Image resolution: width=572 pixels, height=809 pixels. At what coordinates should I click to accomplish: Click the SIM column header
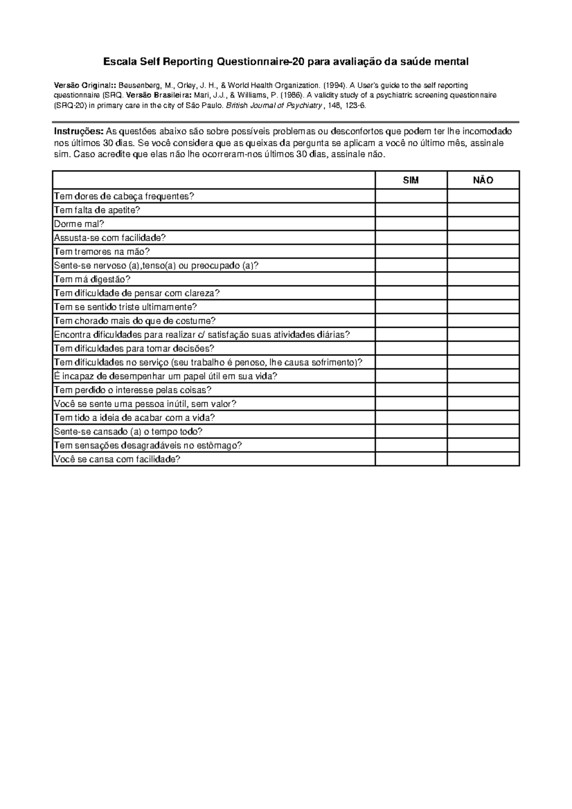[411, 180]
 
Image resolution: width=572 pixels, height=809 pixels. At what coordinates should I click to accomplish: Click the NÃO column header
[483, 180]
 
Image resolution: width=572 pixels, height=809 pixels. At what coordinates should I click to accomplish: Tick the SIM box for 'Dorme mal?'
[411, 224]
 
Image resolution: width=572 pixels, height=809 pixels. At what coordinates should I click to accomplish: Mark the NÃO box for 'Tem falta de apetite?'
[483, 210]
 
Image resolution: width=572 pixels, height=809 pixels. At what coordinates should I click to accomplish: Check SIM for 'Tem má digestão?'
[411, 279]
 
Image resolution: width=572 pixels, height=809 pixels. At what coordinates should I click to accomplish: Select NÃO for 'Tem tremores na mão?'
[483, 252]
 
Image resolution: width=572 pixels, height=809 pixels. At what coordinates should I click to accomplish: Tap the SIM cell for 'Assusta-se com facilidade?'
[411, 238]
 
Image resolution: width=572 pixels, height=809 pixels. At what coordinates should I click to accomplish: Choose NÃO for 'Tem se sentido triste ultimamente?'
[483, 307]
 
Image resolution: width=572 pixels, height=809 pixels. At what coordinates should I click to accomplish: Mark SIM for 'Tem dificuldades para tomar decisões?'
[411, 348]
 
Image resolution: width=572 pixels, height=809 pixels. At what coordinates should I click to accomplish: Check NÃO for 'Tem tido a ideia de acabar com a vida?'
[483, 417]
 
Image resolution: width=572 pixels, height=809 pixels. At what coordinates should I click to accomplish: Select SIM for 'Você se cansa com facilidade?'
[411, 459]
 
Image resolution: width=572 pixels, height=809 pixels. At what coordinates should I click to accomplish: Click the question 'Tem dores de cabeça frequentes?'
[124, 196]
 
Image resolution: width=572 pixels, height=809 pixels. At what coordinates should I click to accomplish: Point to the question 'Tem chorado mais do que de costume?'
[135, 321]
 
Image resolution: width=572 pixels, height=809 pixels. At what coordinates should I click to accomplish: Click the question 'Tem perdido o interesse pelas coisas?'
[133, 390]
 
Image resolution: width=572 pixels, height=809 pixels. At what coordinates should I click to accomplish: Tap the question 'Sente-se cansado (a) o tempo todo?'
[128, 432]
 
